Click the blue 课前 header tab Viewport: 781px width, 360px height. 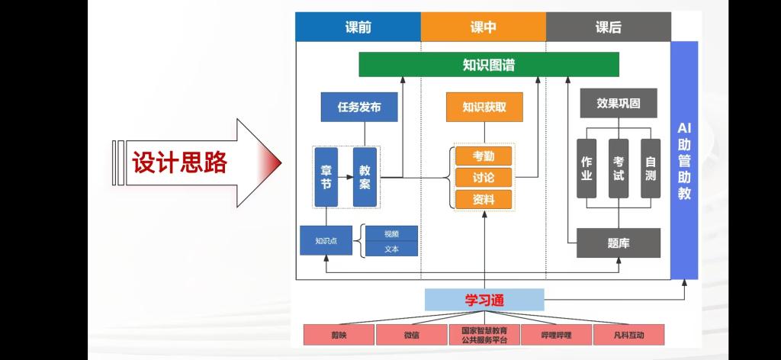[x=358, y=27]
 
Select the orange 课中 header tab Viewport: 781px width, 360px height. [x=483, y=27]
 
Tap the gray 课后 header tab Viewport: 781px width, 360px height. [x=608, y=27]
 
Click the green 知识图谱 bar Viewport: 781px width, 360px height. [x=489, y=65]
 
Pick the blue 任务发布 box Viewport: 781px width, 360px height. [x=359, y=107]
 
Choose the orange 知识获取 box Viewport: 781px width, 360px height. [x=484, y=107]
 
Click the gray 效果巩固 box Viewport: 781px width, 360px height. [x=618, y=103]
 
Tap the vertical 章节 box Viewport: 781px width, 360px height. [x=326, y=177]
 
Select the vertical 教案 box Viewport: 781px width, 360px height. [x=365, y=177]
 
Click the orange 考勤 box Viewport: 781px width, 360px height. [x=484, y=156]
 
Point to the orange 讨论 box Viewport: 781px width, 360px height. [x=484, y=178]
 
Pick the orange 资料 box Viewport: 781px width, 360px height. [x=484, y=199]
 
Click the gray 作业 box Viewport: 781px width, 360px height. [x=587, y=169]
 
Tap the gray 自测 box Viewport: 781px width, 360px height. [x=651, y=169]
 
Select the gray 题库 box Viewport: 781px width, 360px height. [x=618, y=243]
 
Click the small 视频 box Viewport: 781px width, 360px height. [x=391, y=234]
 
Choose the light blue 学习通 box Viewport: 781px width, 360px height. [x=484, y=300]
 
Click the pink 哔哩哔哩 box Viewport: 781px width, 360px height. [x=556, y=334]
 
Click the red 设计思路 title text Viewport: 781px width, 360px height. [x=180, y=163]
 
